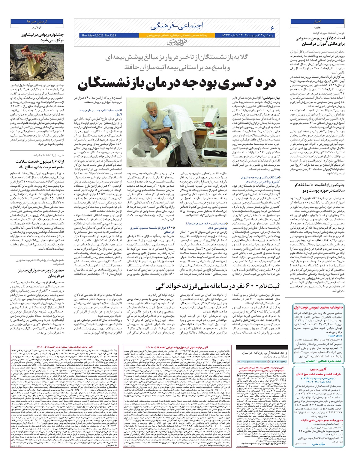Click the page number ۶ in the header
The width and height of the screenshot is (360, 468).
click(x=272, y=28)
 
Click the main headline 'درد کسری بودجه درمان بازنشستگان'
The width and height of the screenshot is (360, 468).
click(x=177, y=84)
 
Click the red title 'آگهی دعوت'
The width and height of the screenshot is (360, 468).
click(x=317, y=370)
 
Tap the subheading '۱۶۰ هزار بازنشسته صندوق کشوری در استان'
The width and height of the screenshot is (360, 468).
click(x=150, y=230)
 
